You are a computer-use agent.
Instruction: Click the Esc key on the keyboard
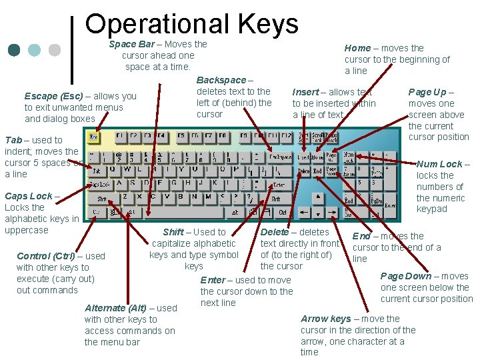(94, 137)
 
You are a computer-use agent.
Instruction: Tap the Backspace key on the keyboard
(281, 157)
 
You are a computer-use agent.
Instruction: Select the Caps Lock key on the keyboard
(100, 184)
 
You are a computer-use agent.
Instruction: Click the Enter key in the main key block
(279, 184)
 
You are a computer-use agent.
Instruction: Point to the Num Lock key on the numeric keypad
(349, 157)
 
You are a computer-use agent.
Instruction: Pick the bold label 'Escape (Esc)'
(54, 96)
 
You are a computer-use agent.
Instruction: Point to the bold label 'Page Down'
(405, 276)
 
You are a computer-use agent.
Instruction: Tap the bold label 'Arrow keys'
(325, 319)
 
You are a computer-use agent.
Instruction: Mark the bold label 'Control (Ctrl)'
(46, 256)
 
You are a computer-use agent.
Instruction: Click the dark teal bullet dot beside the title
(15, 50)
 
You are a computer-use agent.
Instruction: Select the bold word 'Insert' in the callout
(305, 92)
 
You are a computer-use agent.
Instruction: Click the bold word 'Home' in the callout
(357, 48)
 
